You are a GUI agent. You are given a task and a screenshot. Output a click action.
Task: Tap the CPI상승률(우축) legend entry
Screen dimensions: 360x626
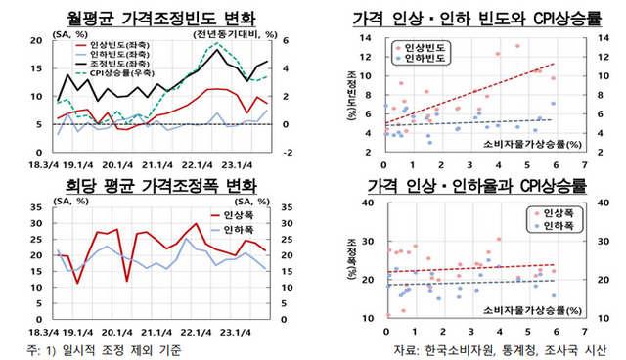coord(114,73)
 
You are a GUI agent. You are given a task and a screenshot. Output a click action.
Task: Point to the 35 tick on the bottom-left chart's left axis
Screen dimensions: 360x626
coord(36,208)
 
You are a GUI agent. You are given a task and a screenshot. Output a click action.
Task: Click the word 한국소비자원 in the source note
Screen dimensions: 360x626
coord(457,349)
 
